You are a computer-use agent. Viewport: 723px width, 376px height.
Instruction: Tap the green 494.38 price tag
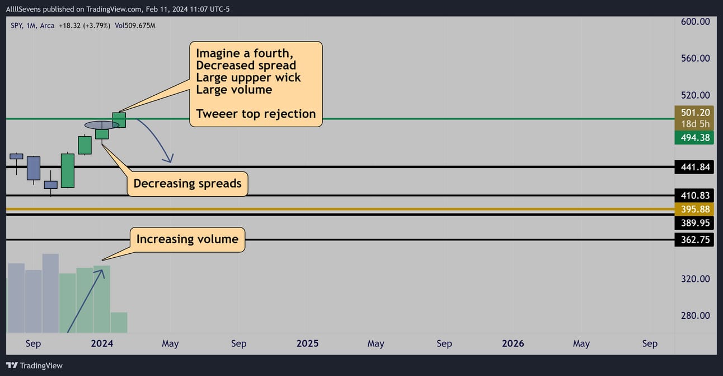(694, 138)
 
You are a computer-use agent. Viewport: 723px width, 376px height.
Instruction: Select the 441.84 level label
(694, 167)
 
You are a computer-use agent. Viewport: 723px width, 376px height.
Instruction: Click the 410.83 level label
(694, 196)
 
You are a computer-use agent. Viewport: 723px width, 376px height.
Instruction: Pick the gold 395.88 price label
(694, 209)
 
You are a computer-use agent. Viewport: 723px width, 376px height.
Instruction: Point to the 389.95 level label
(694, 223)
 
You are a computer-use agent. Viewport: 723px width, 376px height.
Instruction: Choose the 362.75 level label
(694, 240)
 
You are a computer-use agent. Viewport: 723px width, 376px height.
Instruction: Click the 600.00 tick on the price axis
(695, 22)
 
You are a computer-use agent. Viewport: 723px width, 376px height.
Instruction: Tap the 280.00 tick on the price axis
(695, 315)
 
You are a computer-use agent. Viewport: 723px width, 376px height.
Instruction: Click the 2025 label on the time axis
(307, 343)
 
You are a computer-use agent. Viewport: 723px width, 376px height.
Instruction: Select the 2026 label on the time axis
(513, 343)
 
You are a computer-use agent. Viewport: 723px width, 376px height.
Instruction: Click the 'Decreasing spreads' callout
(187, 184)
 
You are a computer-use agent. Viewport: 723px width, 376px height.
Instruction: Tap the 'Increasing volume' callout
(187, 239)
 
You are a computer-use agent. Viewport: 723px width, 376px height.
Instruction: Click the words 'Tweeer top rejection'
(256, 114)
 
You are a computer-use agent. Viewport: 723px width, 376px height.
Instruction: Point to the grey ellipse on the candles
(102, 125)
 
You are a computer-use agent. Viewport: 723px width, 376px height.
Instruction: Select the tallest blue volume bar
(51, 293)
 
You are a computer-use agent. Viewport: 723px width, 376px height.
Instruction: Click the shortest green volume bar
(119, 322)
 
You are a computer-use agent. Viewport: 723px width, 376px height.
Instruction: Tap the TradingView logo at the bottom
(34, 366)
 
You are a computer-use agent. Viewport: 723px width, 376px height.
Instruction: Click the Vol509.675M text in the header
(135, 26)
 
